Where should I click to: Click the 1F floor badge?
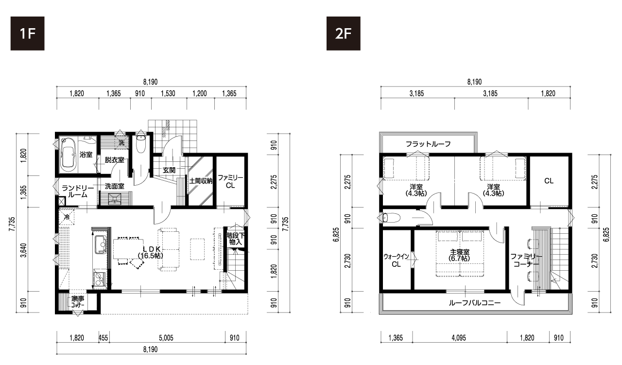28,34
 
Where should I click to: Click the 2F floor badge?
343,34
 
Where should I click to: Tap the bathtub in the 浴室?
68,155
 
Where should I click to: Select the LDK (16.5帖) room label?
151,252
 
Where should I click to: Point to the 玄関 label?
169,170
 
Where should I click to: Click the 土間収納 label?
201,181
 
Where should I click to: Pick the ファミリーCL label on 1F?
230,181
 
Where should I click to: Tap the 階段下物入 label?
236,239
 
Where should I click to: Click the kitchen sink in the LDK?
100,244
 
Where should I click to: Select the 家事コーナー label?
77,302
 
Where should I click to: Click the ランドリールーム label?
77,191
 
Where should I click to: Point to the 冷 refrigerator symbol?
67,216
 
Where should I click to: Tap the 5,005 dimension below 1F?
166,338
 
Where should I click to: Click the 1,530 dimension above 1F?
168,94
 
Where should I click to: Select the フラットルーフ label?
428,144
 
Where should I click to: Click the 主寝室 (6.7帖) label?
459,255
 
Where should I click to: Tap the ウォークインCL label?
396,261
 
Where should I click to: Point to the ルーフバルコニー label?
475,302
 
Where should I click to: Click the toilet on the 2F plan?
391,218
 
